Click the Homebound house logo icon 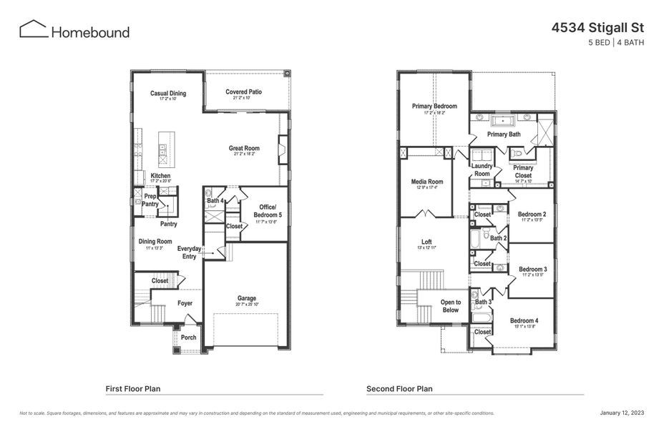(x=33, y=29)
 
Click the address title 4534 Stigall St (x=597, y=28)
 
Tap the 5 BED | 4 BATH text (x=616, y=43)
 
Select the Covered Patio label (x=243, y=92)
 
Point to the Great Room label (x=244, y=149)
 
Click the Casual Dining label (x=168, y=94)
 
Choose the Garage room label (x=247, y=298)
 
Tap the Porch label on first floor (x=188, y=337)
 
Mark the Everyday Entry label (x=190, y=252)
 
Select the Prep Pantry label (x=150, y=200)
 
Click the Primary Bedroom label (x=434, y=107)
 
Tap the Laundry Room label (x=482, y=169)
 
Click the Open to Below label (x=450, y=306)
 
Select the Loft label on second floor (x=426, y=242)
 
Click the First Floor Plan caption (x=133, y=389)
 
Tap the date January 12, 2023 (x=621, y=413)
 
